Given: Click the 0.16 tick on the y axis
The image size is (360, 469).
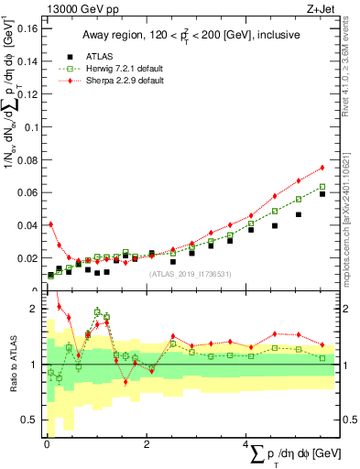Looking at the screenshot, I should point(29,28).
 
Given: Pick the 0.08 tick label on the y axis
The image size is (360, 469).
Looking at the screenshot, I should point(29,159).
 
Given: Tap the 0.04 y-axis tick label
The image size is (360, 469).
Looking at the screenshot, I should point(29,225).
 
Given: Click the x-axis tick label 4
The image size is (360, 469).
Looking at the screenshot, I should point(245,444).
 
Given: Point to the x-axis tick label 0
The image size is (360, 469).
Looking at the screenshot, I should point(47,444).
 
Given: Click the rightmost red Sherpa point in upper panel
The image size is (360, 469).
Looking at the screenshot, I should point(322,168).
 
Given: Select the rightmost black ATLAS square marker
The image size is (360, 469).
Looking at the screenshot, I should point(322,194).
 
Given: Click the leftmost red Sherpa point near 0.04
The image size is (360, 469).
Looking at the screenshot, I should point(50,224).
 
